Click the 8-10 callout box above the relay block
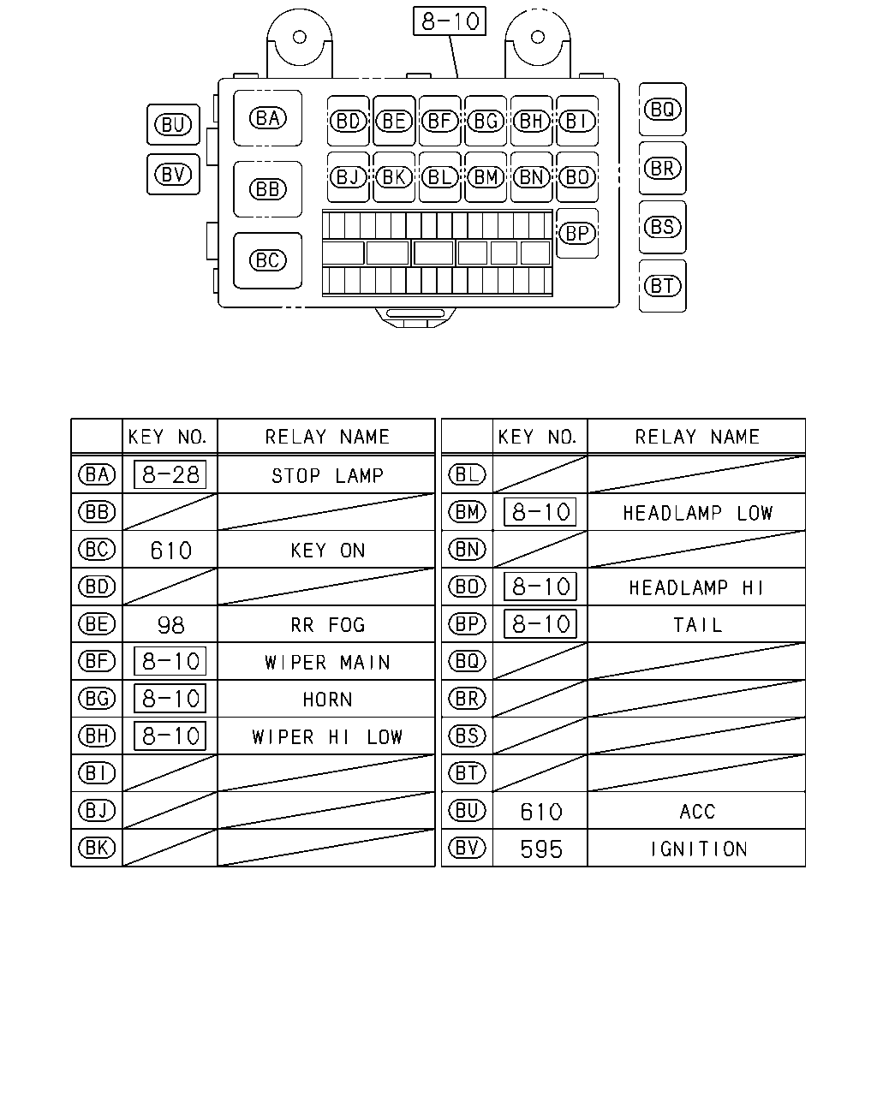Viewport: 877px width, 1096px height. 449,21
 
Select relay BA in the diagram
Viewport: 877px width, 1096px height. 267,118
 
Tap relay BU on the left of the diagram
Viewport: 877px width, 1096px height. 173,125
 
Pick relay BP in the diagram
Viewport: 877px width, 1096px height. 577,233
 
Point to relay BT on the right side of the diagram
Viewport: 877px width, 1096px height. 663,286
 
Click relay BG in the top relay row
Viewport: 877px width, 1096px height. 486,121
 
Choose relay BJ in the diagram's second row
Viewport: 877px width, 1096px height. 348,177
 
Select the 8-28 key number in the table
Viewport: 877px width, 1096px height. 170,474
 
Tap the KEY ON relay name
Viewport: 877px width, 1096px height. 328,551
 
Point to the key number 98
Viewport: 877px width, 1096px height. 170,625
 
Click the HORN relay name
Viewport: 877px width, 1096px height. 328,700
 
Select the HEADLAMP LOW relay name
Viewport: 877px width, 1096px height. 698,513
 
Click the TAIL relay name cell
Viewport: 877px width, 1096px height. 698,625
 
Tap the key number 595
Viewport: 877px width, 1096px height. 541,849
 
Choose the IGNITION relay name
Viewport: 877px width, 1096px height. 698,849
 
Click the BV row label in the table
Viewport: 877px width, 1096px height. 468,848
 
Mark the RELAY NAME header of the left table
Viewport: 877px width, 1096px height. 327,437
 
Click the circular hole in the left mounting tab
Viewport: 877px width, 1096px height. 300,37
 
